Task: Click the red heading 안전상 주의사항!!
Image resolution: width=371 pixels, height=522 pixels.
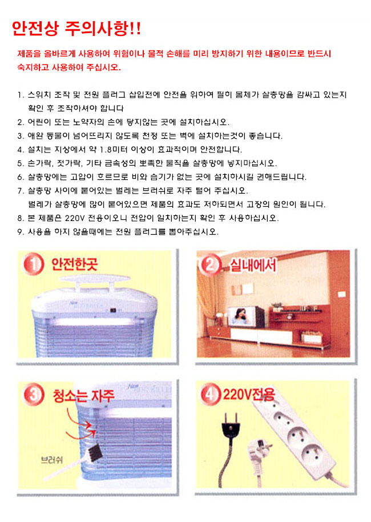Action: point(76,29)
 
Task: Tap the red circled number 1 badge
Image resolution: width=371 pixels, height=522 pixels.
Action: point(34,264)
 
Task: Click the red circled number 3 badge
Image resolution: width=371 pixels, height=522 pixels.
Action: point(33,394)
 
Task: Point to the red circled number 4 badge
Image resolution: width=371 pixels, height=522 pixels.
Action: point(210,395)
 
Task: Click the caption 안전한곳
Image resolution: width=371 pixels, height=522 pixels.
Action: point(74,264)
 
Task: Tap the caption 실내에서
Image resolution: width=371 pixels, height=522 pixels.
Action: point(253,266)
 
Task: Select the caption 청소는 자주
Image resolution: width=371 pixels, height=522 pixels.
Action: point(83,395)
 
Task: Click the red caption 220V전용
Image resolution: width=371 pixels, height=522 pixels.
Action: point(249,395)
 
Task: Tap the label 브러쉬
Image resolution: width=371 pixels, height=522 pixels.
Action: point(51,460)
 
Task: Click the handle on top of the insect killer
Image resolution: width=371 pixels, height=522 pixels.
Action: point(95,280)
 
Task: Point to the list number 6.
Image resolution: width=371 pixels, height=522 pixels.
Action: point(21,177)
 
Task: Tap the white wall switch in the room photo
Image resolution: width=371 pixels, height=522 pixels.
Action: point(341,294)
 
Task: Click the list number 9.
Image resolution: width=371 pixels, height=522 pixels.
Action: point(21,232)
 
